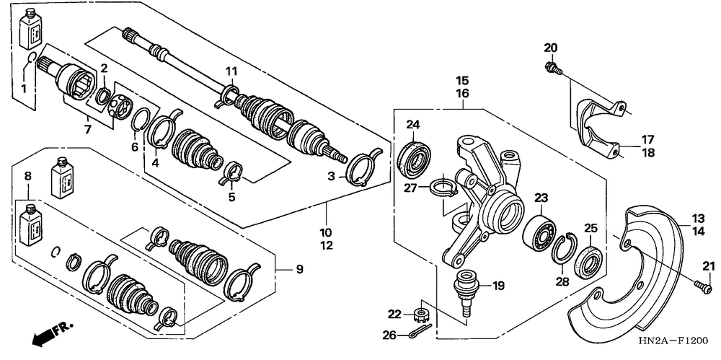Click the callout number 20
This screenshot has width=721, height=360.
coord(551,48)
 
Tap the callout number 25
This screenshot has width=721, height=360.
coord(590,229)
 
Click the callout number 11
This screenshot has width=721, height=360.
coord(230,71)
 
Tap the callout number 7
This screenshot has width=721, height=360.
coord(87,129)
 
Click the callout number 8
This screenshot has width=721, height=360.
coord(28,175)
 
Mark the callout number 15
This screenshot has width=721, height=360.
coord(462,80)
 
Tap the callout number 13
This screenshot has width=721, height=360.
coord(698,218)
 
